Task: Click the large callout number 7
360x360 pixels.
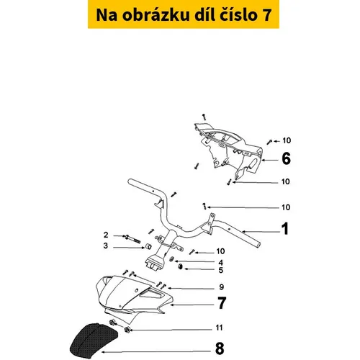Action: (x=222, y=303)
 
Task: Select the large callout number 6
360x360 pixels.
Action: (x=286, y=158)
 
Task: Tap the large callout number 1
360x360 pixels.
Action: (x=285, y=228)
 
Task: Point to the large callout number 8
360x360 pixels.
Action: (x=220, y=348)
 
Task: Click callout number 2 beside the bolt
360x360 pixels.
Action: (x=106, y=235)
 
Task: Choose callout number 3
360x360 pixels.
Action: (x=106, y=246)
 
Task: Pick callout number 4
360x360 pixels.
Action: (x=221, y=263)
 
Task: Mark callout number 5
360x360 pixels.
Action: (x=221, y=270)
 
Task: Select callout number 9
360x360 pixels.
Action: (x=221, y=287)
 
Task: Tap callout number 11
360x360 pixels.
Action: (x=219, y=328)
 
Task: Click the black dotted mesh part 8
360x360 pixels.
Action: (x=94, y=341)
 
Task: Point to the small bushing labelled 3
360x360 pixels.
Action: (x=149, y=246)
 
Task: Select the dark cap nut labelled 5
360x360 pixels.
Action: (x=180, y=266)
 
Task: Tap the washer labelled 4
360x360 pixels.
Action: (x=172, y=259)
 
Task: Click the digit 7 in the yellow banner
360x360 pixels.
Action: (x=266, y=15)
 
